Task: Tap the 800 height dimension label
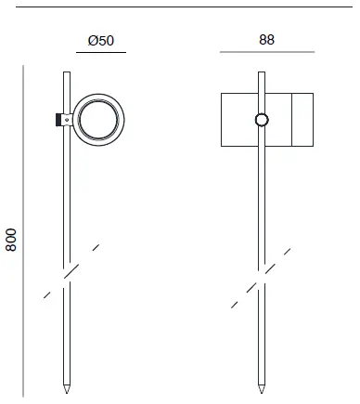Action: pos(12,240)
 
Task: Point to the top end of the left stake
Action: pos(67,72)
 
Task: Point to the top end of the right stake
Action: pos(263,72)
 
